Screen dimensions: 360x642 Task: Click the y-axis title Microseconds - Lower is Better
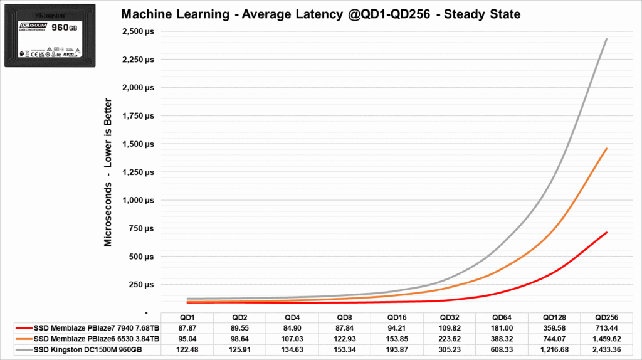pyautogui.click(x=108, y=172)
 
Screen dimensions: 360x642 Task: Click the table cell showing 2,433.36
pyautogui.click(x=606, y=349)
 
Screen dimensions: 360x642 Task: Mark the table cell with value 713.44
pyautogui.click(x=606, y=328)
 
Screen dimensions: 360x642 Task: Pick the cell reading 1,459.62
pyautogui.click(x=606, y=339)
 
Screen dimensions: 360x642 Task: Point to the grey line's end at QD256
pyautogui.click(x=606, y=39)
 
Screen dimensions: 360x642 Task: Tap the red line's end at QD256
pyautogui.click(x=606, y=233)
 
